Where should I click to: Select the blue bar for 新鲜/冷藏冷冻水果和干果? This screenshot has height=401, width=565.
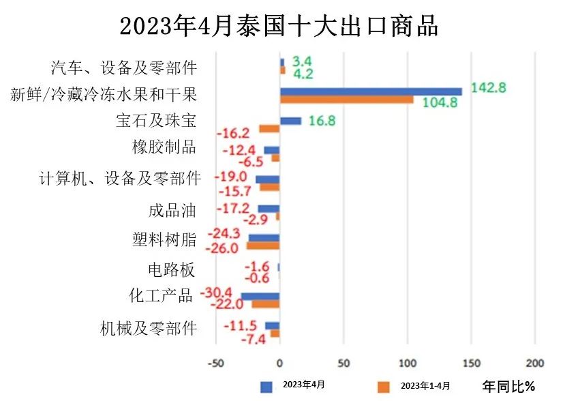370,91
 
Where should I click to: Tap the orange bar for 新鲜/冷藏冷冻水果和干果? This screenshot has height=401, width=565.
346,100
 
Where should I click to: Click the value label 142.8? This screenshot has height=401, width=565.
487,88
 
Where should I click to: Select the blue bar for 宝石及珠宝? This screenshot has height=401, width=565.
290,121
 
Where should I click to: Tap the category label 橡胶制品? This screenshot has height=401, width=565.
164,147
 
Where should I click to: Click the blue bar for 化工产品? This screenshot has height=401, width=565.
260,296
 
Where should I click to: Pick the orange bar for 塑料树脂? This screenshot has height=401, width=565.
263,246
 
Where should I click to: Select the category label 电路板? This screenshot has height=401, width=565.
172,269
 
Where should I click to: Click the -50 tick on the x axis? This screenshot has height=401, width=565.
215,361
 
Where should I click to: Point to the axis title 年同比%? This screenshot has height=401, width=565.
508,387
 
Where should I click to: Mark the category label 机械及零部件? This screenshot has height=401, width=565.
148,329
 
